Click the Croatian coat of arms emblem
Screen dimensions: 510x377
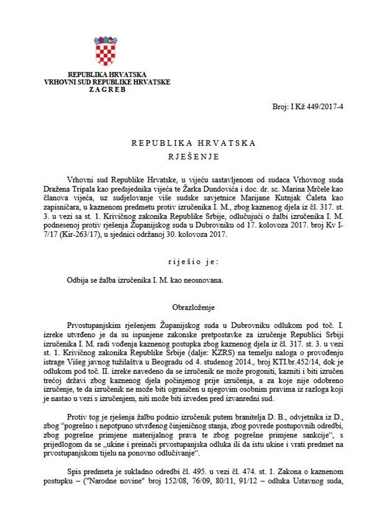click(105, 51)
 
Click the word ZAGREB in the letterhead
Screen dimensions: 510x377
click(107, 90)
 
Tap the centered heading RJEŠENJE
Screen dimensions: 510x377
click(194, 156)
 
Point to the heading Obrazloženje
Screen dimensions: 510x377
click(194, 307)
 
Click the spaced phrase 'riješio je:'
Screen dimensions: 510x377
click(194, 262)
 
